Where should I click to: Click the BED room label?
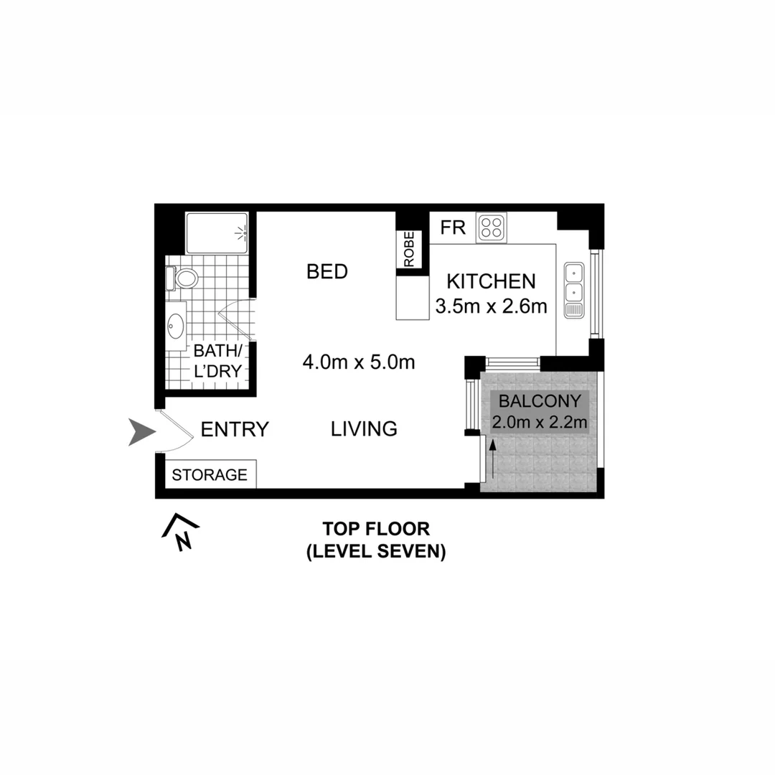[327, 272]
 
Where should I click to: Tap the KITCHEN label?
[492, 281]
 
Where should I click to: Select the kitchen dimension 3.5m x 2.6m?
[492, 307]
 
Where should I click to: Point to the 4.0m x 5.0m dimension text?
[359, 362]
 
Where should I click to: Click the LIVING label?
[364, 429]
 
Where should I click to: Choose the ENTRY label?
[235, 430]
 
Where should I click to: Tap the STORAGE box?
[210, 474]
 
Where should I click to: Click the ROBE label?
[409, 250]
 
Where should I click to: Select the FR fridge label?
[454, 228]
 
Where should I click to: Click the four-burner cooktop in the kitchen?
[492, 227]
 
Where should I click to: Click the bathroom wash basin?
[175, 327]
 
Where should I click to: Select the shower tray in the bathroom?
[217, 232]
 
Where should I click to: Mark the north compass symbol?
[181, 532]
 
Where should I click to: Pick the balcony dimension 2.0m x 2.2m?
[540, 423]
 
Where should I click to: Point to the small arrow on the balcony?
[494, 459]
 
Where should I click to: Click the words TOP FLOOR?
[376, 530]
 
